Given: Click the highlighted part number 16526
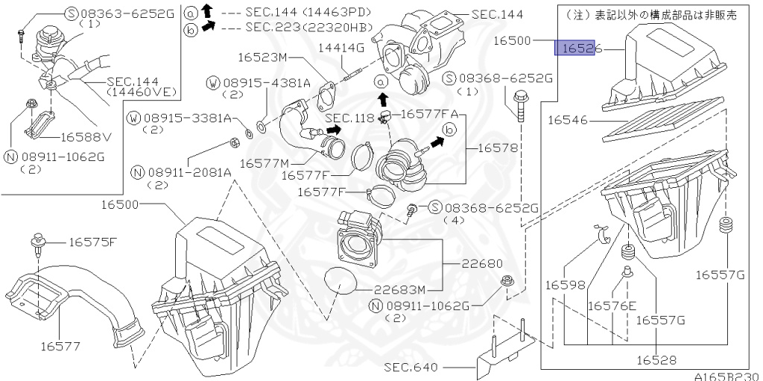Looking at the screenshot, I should point(577,49).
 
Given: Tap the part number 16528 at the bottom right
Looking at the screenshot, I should point(656,360).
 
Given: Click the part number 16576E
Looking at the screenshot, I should point(612,306).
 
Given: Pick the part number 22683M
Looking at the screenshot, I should point(399,290).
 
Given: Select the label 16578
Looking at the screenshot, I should point(496,148).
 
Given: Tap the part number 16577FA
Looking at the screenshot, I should point(429,115).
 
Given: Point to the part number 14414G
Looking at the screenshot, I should point(341,48).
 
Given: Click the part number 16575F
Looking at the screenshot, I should point(93,242).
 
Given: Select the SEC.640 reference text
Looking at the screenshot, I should point(411,367).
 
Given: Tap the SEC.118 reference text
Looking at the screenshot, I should point(349,119).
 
